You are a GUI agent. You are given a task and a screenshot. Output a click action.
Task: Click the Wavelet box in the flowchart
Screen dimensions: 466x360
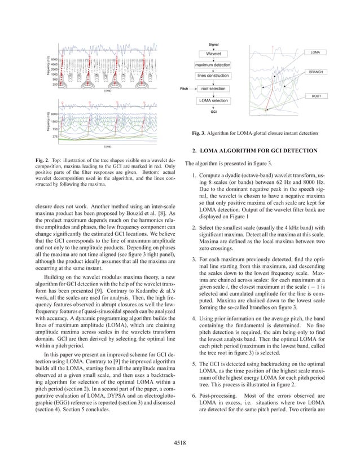point(213,53)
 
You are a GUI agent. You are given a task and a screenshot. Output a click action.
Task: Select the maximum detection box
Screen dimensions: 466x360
point(213,65)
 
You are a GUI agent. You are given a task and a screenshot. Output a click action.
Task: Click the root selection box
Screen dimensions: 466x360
point(213,89)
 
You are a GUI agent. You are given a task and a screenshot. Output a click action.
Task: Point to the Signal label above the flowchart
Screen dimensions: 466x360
point(213,43)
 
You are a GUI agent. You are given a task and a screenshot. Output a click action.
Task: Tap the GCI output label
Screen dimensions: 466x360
point(213,112)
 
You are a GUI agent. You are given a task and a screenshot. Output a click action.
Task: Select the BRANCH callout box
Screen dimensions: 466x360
point(315,72)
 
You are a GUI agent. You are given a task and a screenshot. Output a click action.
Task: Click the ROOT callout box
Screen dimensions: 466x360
point(317,96)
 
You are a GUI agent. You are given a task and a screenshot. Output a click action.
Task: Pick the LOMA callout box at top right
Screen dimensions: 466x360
point(315,52)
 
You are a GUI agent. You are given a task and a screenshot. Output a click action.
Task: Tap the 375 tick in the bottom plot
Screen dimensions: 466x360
point(55,137)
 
